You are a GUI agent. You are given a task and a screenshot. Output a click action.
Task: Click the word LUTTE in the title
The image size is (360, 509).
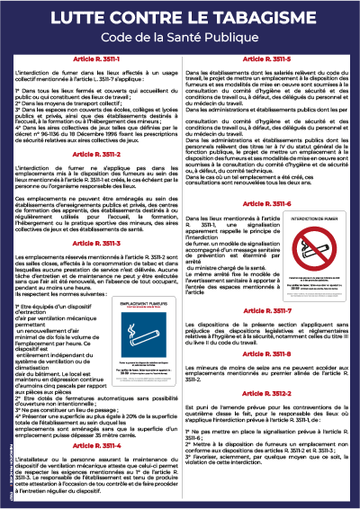(73, 18)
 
